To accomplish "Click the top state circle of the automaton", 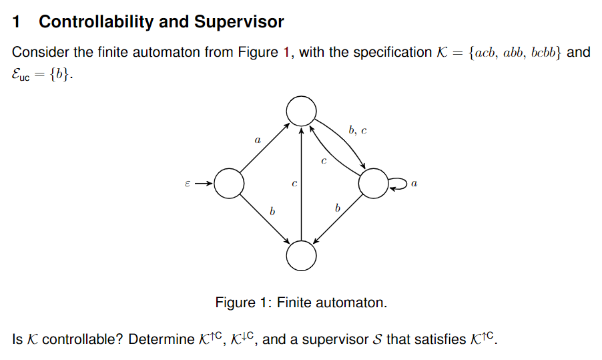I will pyautogui.click(x=301, y=110).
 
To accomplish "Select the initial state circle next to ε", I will pyautogui.click(x=229, y=184).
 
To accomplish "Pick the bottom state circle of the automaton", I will pyautogui.click(x=301, y=256).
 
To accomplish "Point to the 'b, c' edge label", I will pyautogui.click(x=357, y=131).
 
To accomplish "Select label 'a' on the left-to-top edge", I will pyautogui.click(x=257, y=140).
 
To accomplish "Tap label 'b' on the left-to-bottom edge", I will pyautogui.click(x=272, y=211).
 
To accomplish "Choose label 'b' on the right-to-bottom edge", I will pyautogui.click(x=337, y=209).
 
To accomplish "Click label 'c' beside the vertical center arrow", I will pyautogui.click(x=294, y=182).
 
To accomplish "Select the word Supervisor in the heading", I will pyautogui.click(x=239, y=22).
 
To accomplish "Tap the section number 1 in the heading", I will pyautogui.click(x=17, y=22).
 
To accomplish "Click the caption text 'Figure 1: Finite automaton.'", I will pyautogui.click(x=301, y=303).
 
